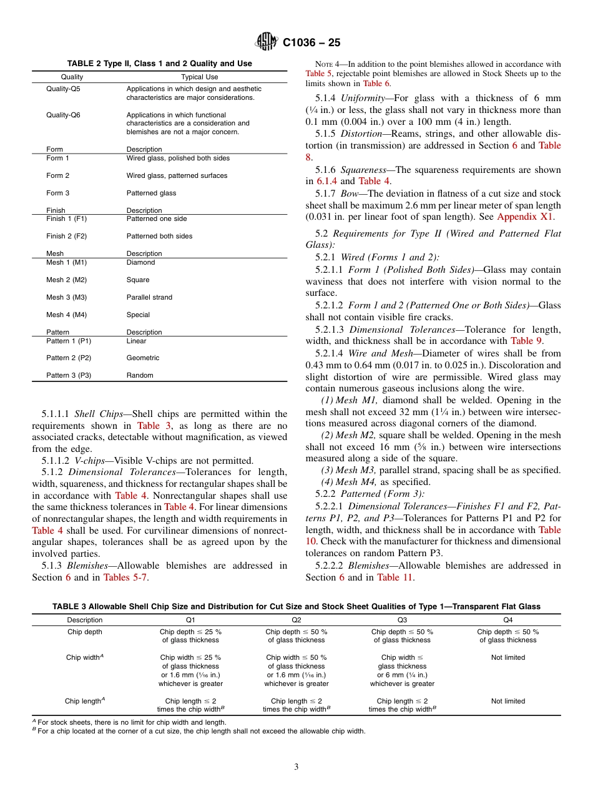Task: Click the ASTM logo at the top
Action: pyautogui.click(x=267, y=42)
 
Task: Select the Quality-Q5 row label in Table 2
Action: pyautogui.click(x=63, y=89)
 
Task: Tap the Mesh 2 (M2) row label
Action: pyautogui.click(x=66, y=280)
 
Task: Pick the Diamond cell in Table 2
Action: pyautogui.click(x=140, y=263)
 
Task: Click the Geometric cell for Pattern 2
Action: pyautogui.click(x=143, y=358)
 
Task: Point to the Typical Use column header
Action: pyautogui.click(x=199, y=77)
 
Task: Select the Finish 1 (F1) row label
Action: pyautogui.click(x=66, y=219)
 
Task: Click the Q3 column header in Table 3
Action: pyautogui.click(x=402, y=620)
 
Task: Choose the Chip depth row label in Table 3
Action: pyautogui.click(x=84, y=632)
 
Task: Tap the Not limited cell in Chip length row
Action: pyautogui.click(x=507, y=701)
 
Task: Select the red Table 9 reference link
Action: pyautogui.click(x=526, y=341)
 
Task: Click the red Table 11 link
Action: pyautogui.click(x=395, y=577)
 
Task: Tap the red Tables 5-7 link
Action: pyautogui.click(x=125, y=577)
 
